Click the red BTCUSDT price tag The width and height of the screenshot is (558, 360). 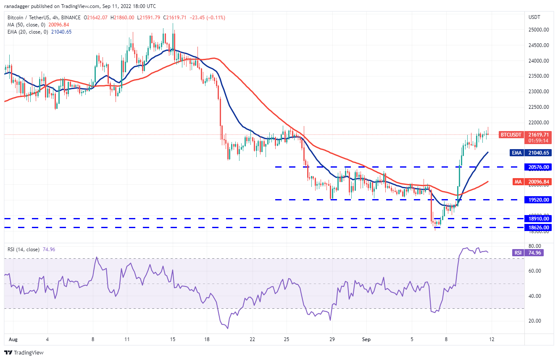click(x=510, y=135)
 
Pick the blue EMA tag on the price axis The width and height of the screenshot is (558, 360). click(x=517, y=153)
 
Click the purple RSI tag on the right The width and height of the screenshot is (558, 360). click(x=518, y=253)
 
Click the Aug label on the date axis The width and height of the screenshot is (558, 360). click(x=9, y=339)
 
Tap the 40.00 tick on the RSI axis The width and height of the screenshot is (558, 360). click(x=534, y=296)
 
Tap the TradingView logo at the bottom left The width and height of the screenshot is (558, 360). click(x=24, y=352)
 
